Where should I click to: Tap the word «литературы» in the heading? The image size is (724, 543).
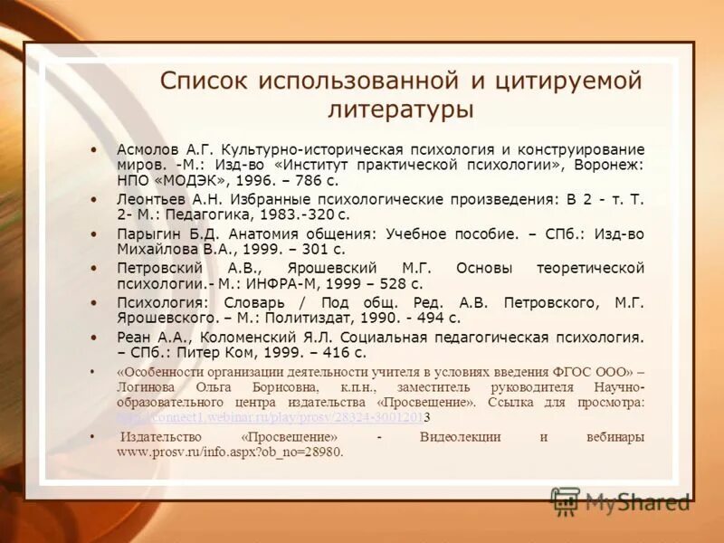(x=401, y=110)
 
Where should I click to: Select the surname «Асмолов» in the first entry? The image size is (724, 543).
(x=148, y=148)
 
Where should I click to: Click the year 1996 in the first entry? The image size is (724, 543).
(x=255, y=181)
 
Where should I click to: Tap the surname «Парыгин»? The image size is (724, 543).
(x=148, y=233)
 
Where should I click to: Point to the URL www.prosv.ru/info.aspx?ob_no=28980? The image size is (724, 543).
(x=230, y=451)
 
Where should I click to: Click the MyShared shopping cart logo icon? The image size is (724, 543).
(x=566, y=501)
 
